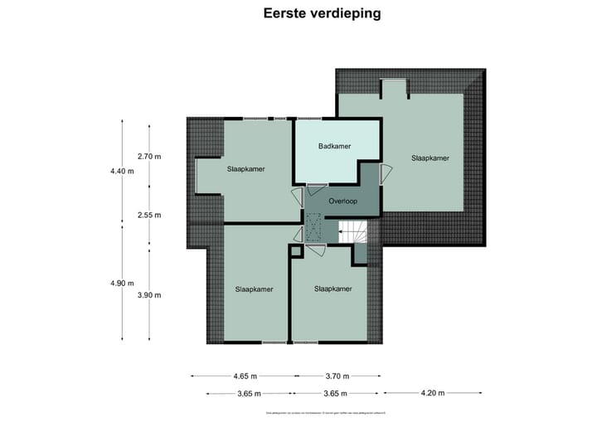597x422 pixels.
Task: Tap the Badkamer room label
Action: tap(334, 146)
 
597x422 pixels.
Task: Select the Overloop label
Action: tap(343, 201)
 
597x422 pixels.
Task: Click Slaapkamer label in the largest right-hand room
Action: tap(430, 158)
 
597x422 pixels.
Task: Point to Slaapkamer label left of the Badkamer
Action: tap(246, 169)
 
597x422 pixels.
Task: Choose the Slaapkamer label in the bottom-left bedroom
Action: tap(254, 289)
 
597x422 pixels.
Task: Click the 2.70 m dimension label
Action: tap(149, 156)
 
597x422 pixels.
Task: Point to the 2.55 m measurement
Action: tap(149, 215)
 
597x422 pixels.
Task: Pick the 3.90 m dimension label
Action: tap(149, 295)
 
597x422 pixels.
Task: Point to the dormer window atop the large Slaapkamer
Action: tap(393, 87)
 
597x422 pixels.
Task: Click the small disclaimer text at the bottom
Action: tap(330, 412)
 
